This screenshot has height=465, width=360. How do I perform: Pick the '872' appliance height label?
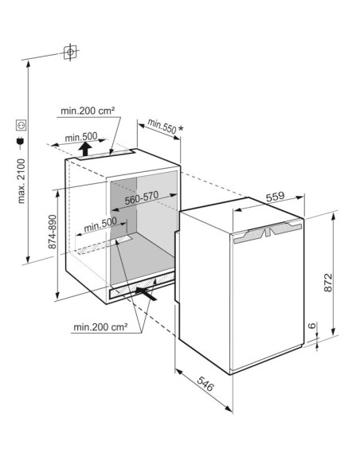point(327,281)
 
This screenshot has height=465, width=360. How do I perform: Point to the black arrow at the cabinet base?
point(147,292)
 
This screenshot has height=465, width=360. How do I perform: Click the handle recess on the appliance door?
point(268,232)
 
